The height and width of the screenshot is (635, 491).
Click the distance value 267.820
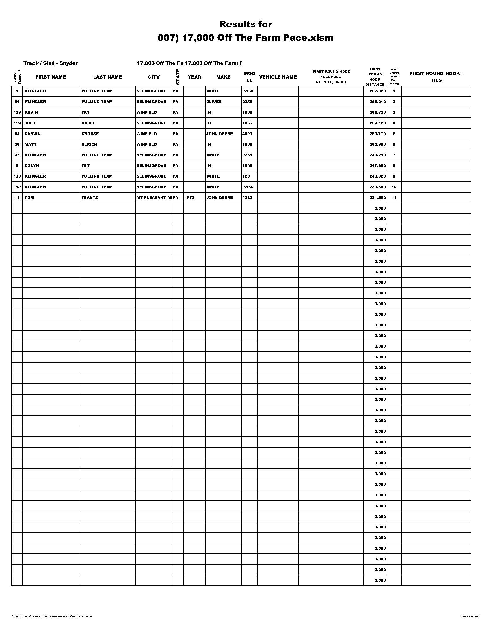pos(375,91)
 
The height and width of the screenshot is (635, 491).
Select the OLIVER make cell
pos(214,102)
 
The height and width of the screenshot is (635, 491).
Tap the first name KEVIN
pos(31,113)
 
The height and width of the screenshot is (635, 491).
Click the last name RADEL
pos(88,123)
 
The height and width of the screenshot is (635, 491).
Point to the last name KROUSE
pos(90,134)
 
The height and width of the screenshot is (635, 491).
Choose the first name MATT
pos(31,145)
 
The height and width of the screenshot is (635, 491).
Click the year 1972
pos(189,198)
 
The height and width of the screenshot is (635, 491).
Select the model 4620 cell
pos(247,134)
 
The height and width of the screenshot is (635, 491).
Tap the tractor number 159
pos(17,123)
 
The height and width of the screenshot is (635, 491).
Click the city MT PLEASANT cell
pos(154,198)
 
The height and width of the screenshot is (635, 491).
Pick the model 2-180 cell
pos(248,187)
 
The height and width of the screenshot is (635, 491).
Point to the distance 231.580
pos(375,198)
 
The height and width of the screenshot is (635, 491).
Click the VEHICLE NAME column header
pos(278,77)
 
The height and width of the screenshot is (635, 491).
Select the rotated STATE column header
pos(178,77)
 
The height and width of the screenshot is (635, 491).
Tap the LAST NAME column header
pos(107,77)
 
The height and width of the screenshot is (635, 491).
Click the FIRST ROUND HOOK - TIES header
pos(436,77)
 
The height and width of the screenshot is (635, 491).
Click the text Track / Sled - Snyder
pos(51,63)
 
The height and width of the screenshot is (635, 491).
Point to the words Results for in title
pos(245,24)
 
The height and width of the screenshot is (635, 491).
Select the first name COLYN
pos(32,166)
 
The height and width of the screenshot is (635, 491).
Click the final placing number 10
pos(394,187)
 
